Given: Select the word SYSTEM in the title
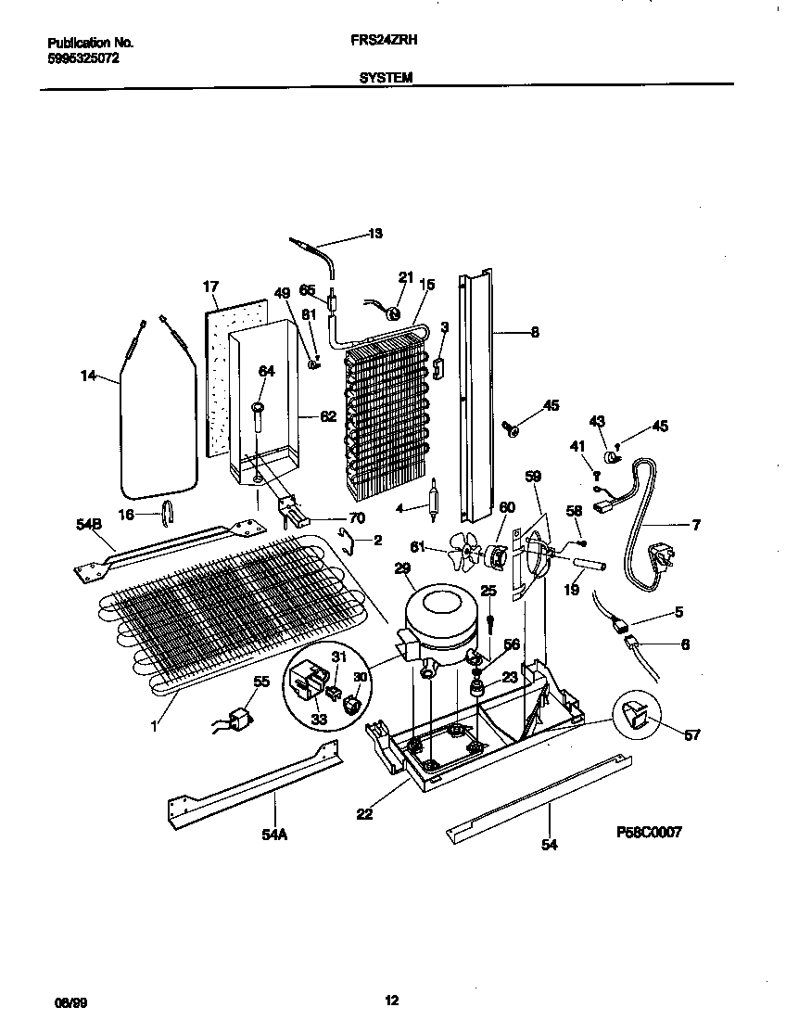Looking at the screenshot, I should (x=386, y=79).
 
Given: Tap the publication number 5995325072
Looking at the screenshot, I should (x=82, y=57).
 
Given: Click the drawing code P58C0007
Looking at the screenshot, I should (x=650, y=833).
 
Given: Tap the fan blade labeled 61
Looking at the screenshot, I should (x=462, y=555).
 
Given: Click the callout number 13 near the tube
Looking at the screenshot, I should (x=374, y=233).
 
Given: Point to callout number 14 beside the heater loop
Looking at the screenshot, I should (x=88, y=376).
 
